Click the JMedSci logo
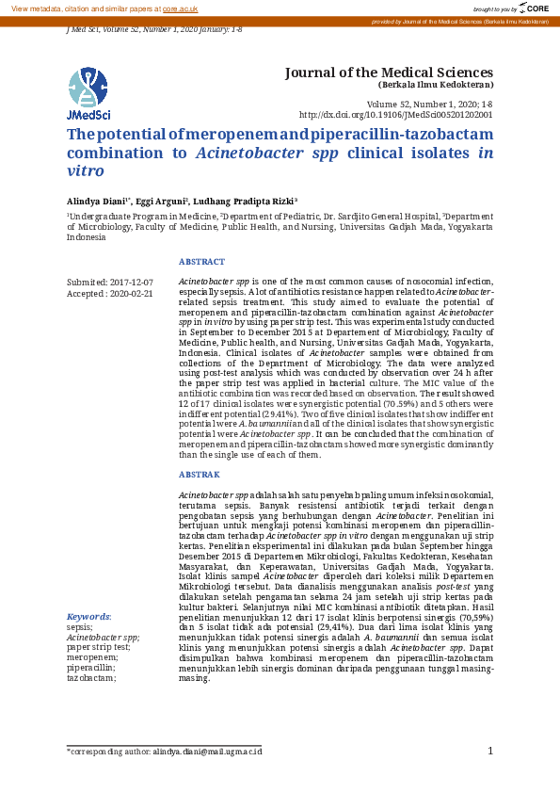point(88,94)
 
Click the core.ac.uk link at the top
point(180,8)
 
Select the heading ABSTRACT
point(201,262)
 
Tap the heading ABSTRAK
point(199,475)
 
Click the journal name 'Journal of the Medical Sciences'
point(388,73)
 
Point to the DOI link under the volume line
point(395,114)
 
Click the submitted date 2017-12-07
point(132,283)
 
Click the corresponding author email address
point(207,752)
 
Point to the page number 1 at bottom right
point(490,751)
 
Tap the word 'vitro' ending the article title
point(85,171)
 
